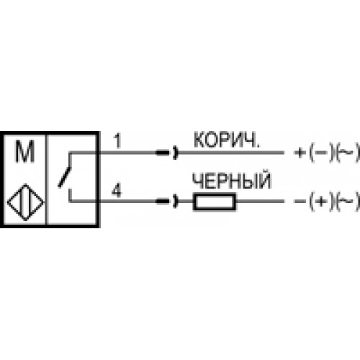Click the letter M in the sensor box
coord(24,151)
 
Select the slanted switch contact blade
coord(65,176)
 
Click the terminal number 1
coord(117,141)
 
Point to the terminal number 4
coord(117,191)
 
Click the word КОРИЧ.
coord(227,140)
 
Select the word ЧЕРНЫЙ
coord(232,180)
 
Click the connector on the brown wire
coord(167,153)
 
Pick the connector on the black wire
coord(167,201)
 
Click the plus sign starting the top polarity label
coord(300,153)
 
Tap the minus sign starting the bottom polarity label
coord(300,201)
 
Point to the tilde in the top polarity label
coord(347,153)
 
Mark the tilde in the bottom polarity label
coord(347,201)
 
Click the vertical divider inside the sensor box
coord(47,179)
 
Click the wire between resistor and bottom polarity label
coord(260,201)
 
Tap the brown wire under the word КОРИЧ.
coord(231,153)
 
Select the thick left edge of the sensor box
coord(2,179)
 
